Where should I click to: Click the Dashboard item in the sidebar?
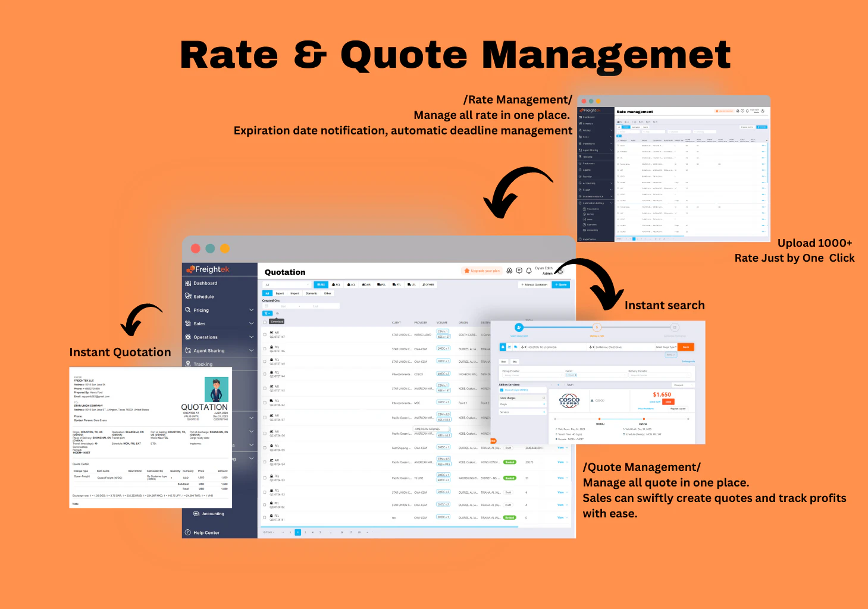(205, 283)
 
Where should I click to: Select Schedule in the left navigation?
(203, 297)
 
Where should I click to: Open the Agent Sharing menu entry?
(208, 351)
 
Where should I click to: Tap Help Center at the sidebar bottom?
(206, 533)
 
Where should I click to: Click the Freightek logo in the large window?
(208, 269)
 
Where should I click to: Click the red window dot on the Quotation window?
(195, 249)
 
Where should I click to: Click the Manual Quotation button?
(535, 285)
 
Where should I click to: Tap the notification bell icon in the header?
(528, 271)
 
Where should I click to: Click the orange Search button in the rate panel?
(686, 347)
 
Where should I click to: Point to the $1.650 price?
(662, 394)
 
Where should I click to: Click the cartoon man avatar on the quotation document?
(216, 390)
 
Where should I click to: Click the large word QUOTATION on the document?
(204, 407)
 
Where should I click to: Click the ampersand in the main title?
(310, 55)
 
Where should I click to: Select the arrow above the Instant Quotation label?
(141, 318)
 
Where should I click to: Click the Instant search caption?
(665, 306)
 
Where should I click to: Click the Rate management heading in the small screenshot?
(634, 112)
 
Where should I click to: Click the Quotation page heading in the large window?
(285, 272)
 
